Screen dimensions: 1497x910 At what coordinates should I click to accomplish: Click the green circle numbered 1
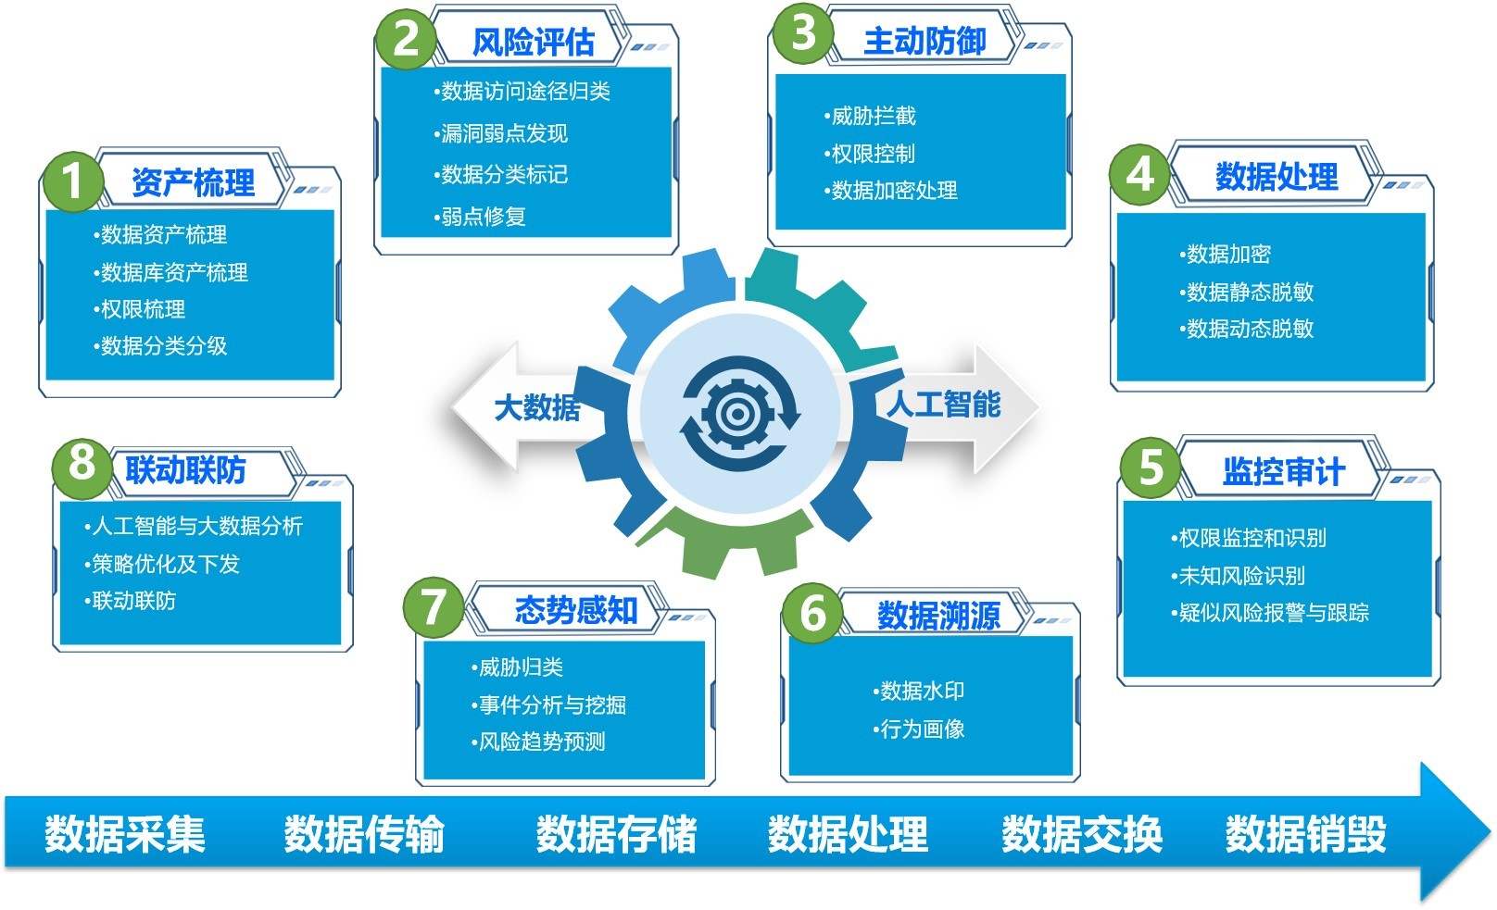point(73,181)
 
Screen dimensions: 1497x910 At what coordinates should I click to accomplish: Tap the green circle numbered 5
point(1151,467)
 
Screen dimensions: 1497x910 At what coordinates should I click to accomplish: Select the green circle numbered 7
point(434,607)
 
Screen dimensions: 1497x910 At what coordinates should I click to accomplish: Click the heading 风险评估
point(534,42)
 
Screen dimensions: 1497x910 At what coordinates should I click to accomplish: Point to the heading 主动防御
point(925,41)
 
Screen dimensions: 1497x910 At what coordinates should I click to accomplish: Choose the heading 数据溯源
point(939,615)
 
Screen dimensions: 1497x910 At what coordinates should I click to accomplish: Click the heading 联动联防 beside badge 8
point(186,470)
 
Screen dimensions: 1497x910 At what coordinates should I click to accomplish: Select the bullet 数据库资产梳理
point(170,272)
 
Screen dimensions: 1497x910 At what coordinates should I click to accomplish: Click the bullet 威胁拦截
point(870,116)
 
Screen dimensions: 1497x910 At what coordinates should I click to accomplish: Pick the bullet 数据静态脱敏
point(1246,291)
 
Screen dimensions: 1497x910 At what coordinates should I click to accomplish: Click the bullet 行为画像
point(919,729)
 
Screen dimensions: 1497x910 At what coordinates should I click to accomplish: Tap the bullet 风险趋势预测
point(538,742)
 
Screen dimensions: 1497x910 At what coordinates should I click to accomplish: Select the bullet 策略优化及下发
point(162,564)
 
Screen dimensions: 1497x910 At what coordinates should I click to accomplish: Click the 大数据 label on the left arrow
point(537,407)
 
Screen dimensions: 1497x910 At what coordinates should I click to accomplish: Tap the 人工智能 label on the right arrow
point(944,404)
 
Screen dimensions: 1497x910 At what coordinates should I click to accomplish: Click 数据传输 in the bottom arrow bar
point(364,834)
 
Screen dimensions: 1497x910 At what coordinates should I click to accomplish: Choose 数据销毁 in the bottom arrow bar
point(1306,834)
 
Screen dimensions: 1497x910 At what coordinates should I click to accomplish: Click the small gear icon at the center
point(737,414)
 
